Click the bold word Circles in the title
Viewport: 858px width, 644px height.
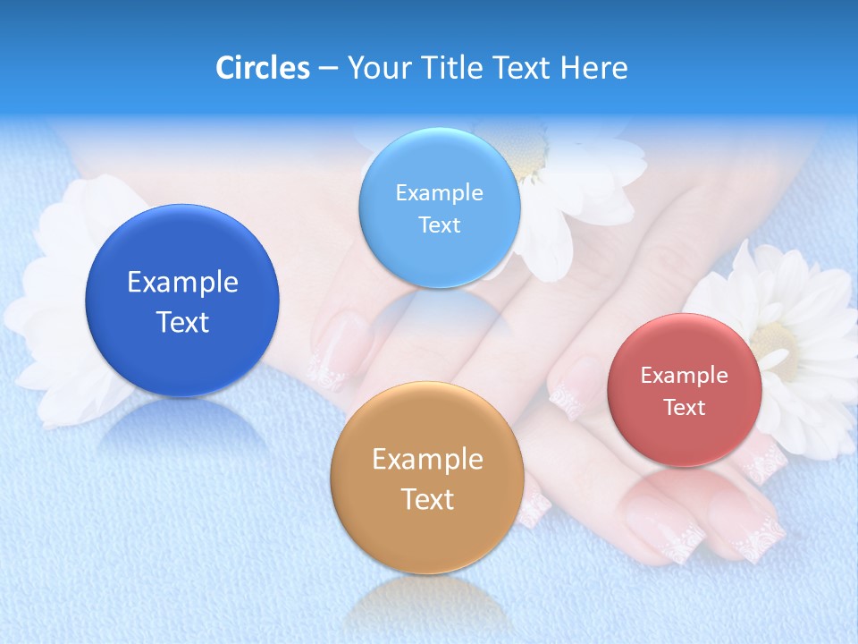[262, 68]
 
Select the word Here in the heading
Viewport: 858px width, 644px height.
[593, 68]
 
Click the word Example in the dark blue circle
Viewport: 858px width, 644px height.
[182, 283]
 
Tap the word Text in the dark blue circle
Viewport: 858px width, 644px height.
[182, 322]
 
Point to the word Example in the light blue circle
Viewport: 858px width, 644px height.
[439, 193]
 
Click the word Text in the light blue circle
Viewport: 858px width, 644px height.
[439, 225]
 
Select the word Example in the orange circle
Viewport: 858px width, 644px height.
[427, 460]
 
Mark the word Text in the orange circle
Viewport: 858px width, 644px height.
[427, 499]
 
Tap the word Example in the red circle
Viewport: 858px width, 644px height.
[685, 376]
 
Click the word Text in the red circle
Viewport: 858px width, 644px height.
[685, 408]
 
